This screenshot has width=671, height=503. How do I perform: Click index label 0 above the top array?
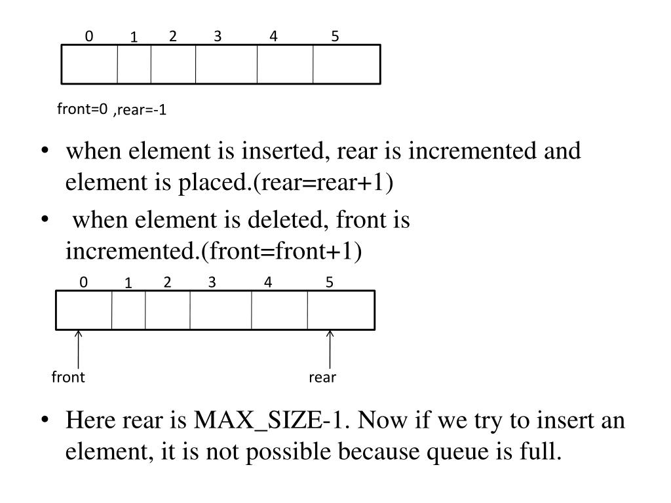point(88,37)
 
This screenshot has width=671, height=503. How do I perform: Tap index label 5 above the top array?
point(335,37)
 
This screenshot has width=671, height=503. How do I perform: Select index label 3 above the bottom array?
point(212,282)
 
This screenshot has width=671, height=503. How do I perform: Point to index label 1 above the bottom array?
point(129,284)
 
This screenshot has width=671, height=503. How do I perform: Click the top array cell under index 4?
point(285,64)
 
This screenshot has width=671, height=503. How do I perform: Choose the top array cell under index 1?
point(134,64)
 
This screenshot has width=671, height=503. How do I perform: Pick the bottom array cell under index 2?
point(168,310)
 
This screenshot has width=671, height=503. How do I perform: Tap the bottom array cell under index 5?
point(341,310)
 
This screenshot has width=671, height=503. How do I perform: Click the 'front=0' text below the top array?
point(82,109)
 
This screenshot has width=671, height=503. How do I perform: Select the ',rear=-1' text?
point(139,111)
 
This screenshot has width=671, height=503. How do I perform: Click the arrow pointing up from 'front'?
point(79,350)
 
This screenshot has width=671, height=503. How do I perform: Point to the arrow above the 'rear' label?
point(330,350)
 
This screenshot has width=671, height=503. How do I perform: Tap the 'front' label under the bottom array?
point(69,377)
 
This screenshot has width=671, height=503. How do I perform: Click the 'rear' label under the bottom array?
point(322,377)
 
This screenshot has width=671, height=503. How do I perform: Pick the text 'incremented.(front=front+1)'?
point(213,251)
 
